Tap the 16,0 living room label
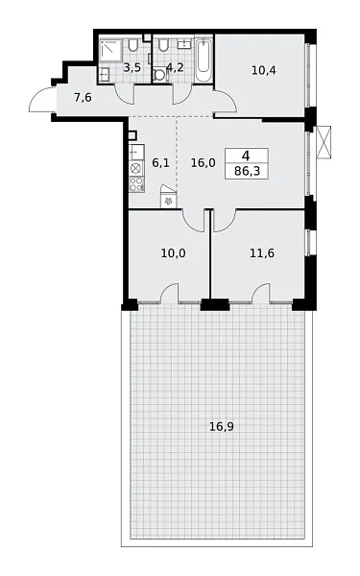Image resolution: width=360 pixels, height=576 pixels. coord(203,163)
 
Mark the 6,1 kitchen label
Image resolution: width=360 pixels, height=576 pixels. coord(160,164)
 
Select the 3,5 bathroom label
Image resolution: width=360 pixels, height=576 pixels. coord(132,68)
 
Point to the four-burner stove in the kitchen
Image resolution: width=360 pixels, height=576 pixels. coord(136,184)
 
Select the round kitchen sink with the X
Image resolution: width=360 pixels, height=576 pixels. coord(136,167)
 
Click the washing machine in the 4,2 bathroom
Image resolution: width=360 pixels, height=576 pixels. coord(161,77)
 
